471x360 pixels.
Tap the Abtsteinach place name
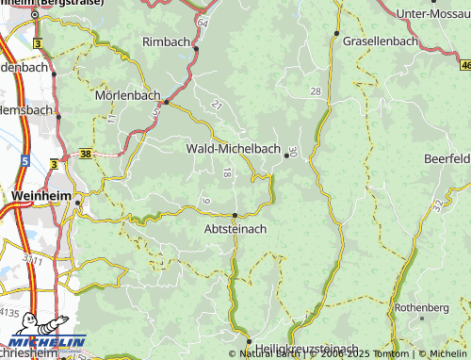click(235, 228)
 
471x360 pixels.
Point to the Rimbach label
click(166, 42)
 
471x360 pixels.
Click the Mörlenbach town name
click(127, 95)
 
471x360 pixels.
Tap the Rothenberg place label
click(421, 307)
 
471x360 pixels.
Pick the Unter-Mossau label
click(433, 13)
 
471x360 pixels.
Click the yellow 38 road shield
click(87, 152)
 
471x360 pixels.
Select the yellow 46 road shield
click(466, 65)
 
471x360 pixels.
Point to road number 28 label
click(315, 90)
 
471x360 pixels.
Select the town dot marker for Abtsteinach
click(235, 215)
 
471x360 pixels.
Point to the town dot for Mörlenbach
click(166, 101)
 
